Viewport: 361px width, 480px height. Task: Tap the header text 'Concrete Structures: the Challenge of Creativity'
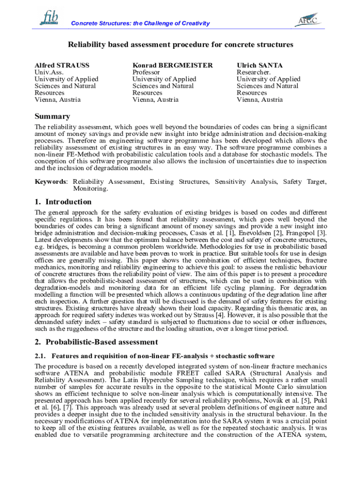140,23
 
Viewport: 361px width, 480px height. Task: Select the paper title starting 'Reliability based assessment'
180,45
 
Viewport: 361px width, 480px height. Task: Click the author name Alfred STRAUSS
62,65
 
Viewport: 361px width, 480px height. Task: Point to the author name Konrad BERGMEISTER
173,65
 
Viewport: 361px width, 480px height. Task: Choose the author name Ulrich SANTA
259,65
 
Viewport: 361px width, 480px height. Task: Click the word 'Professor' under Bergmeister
146,72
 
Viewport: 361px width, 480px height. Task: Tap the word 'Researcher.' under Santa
254,72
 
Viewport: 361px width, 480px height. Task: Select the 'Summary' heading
53,116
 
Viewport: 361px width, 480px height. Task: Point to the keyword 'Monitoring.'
90,188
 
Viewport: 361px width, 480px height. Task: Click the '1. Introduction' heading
63,202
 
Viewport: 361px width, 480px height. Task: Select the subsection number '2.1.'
41,356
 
